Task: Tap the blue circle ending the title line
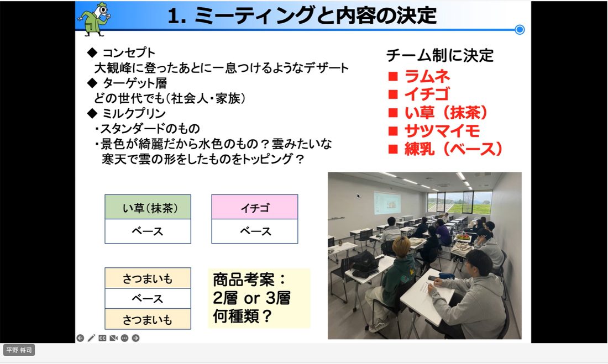pos(520,29)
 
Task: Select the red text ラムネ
pos(427,76)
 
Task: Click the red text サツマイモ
pos(442,131)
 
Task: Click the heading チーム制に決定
pos(440,55)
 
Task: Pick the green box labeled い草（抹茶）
pos(148,207)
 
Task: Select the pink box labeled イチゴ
pos(255,207)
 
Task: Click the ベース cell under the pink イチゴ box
pos(255,231)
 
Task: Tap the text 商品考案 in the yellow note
pos(244,279)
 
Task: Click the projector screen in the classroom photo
pos(387,203)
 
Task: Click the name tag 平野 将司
pos(19,350)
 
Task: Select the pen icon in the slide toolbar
pos(91,338)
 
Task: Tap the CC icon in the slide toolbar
pos(102,338)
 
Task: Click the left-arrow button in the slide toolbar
pos(80,338)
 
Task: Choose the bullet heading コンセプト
pos(128,52)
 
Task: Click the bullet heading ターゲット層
pos(134,83)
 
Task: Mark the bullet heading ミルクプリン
pos(134,113)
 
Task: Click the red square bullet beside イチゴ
pos(393,94)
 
